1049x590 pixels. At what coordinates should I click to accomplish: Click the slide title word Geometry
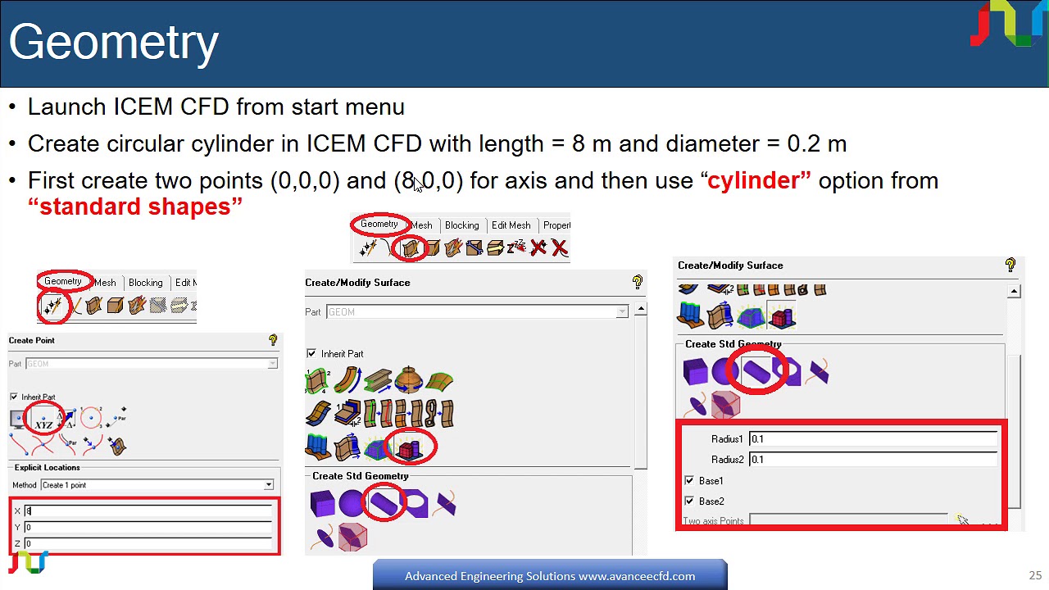pos(113,43)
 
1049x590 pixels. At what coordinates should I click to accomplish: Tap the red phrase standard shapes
pos(135,206)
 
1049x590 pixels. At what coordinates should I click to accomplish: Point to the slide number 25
pos(1035,575)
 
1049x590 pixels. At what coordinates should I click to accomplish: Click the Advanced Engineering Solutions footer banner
pos(549,575)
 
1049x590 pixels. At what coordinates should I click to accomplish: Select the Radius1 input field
pos(873,439)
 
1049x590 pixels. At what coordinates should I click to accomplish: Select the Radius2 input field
pos(873,460)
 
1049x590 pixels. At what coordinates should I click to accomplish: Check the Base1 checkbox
pos(689,481)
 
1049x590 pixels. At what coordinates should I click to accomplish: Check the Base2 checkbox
pos(689,501)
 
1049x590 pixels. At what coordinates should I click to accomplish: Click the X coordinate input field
pos(148,511)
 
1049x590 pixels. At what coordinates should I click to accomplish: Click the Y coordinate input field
pos(148,527)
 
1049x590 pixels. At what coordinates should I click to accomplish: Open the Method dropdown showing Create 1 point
pos(157,485)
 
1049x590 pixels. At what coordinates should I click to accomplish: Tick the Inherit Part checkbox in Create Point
pos(14,397)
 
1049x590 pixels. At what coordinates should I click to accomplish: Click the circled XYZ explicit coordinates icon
pos(44,420)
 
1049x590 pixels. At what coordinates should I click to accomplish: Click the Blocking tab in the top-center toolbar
pos(461,225)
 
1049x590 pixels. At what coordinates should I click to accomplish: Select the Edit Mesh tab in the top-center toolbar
pos(511,225)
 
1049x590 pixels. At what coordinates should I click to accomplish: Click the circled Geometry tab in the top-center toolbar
pos(379,225)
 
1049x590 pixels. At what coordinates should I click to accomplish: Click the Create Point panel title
pos(32,340)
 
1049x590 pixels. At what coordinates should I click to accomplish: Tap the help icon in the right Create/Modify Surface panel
pos(1010,265)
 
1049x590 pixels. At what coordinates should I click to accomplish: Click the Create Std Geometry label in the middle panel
pos(360,476)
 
